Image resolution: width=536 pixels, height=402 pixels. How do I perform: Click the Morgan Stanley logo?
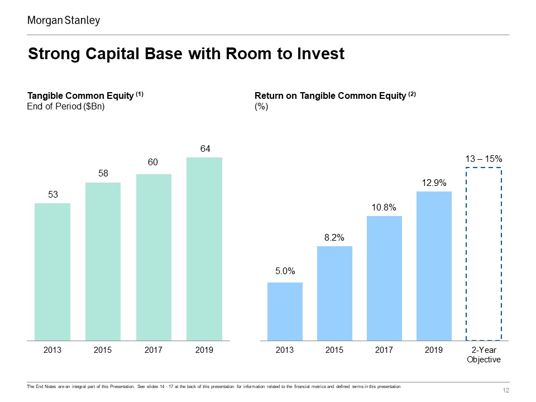click(64, 21)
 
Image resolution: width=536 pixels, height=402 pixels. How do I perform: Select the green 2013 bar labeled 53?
click(52, 272)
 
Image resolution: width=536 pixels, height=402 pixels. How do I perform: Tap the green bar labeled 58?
click(103, 261)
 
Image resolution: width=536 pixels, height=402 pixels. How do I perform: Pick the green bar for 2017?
click(154, 257)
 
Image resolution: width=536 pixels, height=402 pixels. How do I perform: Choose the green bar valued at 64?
click(204, 249)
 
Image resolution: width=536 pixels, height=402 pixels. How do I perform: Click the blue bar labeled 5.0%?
click(285, 312)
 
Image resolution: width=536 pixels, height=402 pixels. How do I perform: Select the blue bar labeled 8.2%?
click(334, 293)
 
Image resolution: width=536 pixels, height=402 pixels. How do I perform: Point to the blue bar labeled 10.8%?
click(384, 278)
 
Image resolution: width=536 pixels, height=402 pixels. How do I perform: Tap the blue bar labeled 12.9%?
click(434, 266)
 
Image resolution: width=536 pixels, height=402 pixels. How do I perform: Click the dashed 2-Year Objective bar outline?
click(466, 253)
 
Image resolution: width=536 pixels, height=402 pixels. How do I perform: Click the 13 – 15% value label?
click(484, 159)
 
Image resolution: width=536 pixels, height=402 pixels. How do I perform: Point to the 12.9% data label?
click(434, 183)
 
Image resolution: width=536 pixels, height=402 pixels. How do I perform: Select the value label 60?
click(153, 162)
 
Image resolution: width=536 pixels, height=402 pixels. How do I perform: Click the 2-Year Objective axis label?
click(484, 355)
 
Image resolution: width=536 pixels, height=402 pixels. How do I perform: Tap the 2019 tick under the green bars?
click(204, 350)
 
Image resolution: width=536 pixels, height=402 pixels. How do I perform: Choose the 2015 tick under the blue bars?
click(334, 350)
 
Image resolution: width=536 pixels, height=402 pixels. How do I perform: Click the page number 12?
click(506, 390)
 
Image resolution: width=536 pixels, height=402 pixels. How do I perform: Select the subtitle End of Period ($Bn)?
click(66, 107)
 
